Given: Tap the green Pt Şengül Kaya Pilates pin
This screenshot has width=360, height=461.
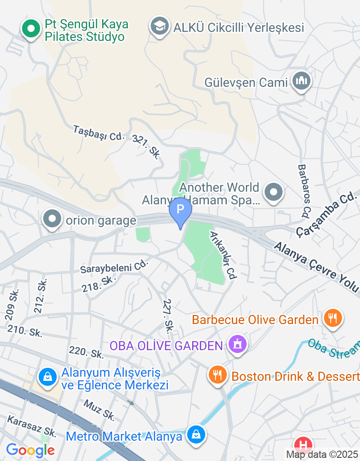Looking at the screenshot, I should [31, 29].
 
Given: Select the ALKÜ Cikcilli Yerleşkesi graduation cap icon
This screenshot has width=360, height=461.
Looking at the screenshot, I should [159, 27].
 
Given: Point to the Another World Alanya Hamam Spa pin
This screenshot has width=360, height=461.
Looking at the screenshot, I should [273, 193].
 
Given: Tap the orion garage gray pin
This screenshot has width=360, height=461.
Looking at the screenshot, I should [52, 220].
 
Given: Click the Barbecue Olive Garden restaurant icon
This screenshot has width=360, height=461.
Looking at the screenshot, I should [333, 319].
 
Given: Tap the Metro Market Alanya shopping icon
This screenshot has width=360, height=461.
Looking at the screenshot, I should [196, 435].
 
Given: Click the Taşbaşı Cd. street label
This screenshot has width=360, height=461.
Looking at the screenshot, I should [99, 133].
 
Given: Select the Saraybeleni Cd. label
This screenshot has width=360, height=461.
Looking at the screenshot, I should [114, 267].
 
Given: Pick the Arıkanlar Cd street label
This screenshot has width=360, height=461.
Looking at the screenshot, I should [223, 256].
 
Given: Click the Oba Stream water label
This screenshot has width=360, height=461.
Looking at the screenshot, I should [334, 350].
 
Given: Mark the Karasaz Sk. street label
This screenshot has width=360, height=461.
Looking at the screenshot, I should [32, 425].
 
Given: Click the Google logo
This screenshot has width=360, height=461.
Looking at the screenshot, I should [30, 450].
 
